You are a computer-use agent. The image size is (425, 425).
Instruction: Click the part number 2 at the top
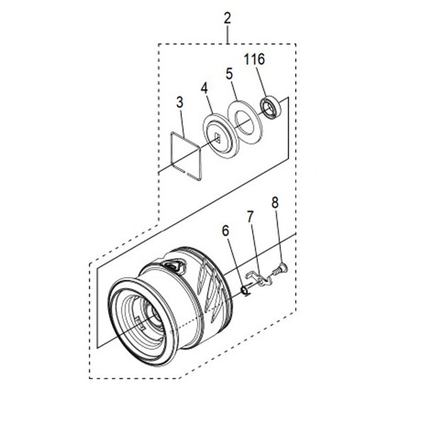[x=227, y=18]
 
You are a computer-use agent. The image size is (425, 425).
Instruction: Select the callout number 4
[x=204, y=89]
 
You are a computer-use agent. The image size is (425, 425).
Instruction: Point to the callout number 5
[x=229, y=73]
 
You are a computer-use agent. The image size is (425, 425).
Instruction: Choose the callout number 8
[x=275, y=203]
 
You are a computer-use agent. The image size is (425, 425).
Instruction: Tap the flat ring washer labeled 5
[x=242, y=120]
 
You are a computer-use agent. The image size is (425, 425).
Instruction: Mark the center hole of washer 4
[x=218, y=139]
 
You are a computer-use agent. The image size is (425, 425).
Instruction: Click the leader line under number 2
[x=227, y=34]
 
